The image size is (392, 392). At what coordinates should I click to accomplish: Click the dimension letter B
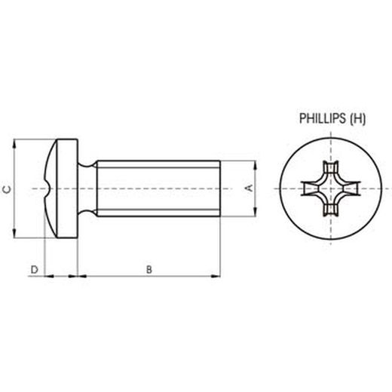point(149,269)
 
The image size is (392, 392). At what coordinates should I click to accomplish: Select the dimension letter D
point(33,269)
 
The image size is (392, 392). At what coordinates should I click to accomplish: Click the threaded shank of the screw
point(158,188)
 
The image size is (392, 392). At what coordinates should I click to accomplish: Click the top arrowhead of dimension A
point(257,164)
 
